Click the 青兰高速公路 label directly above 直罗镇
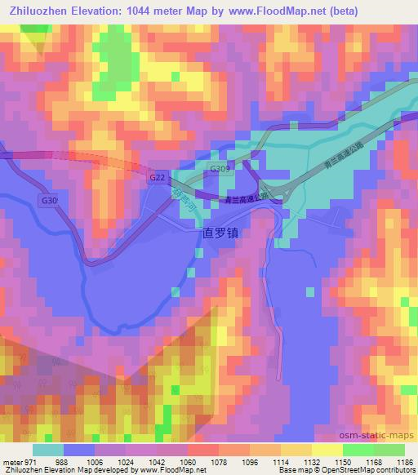click(247, 198)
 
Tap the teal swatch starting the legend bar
click(48, 450)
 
